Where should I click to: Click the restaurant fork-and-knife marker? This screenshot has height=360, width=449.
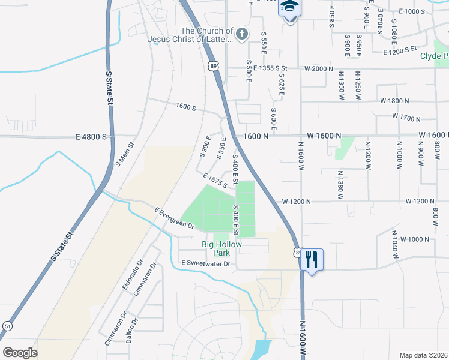click(x=311, y=259)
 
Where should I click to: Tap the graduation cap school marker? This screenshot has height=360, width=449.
click(x=289, y=8)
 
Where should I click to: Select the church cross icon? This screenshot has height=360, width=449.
click(x=241, y=34)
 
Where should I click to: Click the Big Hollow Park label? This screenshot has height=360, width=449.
click(x=221, y=248)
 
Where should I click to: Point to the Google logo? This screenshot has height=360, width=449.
click(x=20, y=353)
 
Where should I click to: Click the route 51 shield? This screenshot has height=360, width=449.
click(x=7, y=326)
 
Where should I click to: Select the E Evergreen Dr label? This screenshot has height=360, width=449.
click(x=175, y=218)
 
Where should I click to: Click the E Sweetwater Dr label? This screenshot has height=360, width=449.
click(x=205, y=264)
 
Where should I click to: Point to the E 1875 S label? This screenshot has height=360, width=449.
click(x=215, y=181)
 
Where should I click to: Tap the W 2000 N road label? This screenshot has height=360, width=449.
click(x=318, y=69)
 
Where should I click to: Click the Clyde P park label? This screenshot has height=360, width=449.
click(x=434, y=56)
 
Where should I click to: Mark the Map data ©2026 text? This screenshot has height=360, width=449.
click(x=423, y=355)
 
